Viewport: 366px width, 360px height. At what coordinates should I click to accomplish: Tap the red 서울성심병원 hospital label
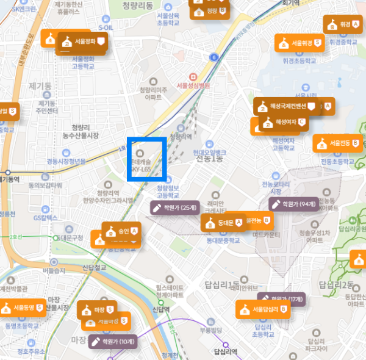coord(192,85)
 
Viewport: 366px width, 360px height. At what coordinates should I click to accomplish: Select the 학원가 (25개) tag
coord(174,208)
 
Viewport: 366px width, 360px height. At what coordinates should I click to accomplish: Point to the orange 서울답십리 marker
coord(263,309)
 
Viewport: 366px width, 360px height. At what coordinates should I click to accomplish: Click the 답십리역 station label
coord(226,351)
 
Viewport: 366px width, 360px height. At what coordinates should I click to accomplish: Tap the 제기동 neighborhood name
coord(40,86)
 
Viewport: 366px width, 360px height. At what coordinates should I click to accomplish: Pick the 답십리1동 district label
coord(226,284)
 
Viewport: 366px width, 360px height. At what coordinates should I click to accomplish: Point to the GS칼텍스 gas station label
coord(45,217)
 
